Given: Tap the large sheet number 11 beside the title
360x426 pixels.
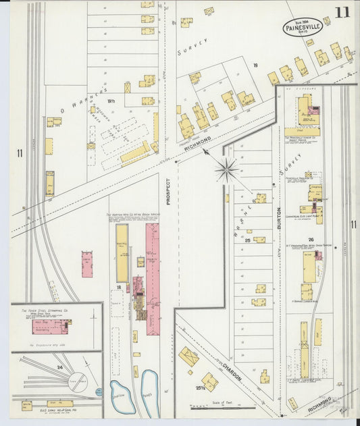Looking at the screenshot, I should (341, 12).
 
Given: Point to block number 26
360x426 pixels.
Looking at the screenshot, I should (311, 240).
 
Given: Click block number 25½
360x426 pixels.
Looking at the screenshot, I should (199, 387).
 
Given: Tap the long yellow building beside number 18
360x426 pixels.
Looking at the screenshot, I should (122, 253).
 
